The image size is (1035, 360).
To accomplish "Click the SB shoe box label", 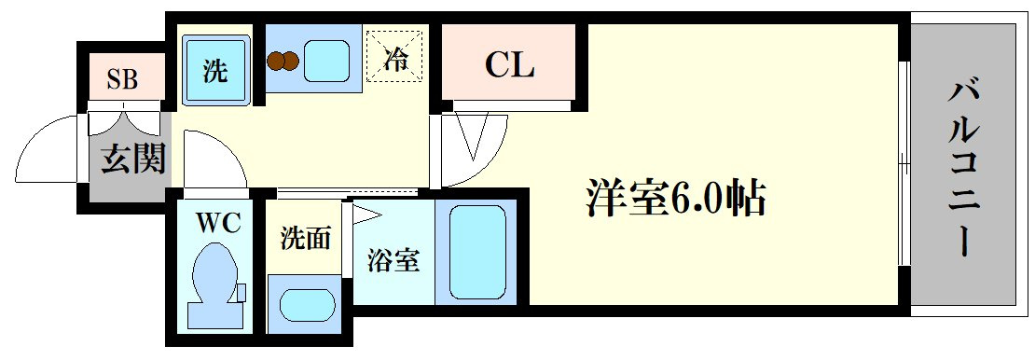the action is [x=123, y=80].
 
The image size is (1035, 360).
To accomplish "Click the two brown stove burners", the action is [x=283, y=62].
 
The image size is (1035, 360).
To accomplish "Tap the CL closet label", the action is [x=510, y=65].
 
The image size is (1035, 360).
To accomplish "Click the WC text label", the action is [x=217, y=224].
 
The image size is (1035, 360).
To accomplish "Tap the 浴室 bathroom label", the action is [x=393, y=262].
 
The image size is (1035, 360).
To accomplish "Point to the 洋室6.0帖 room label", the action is [x=675, y=196].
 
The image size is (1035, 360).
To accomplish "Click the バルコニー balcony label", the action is [x=964, y=169].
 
